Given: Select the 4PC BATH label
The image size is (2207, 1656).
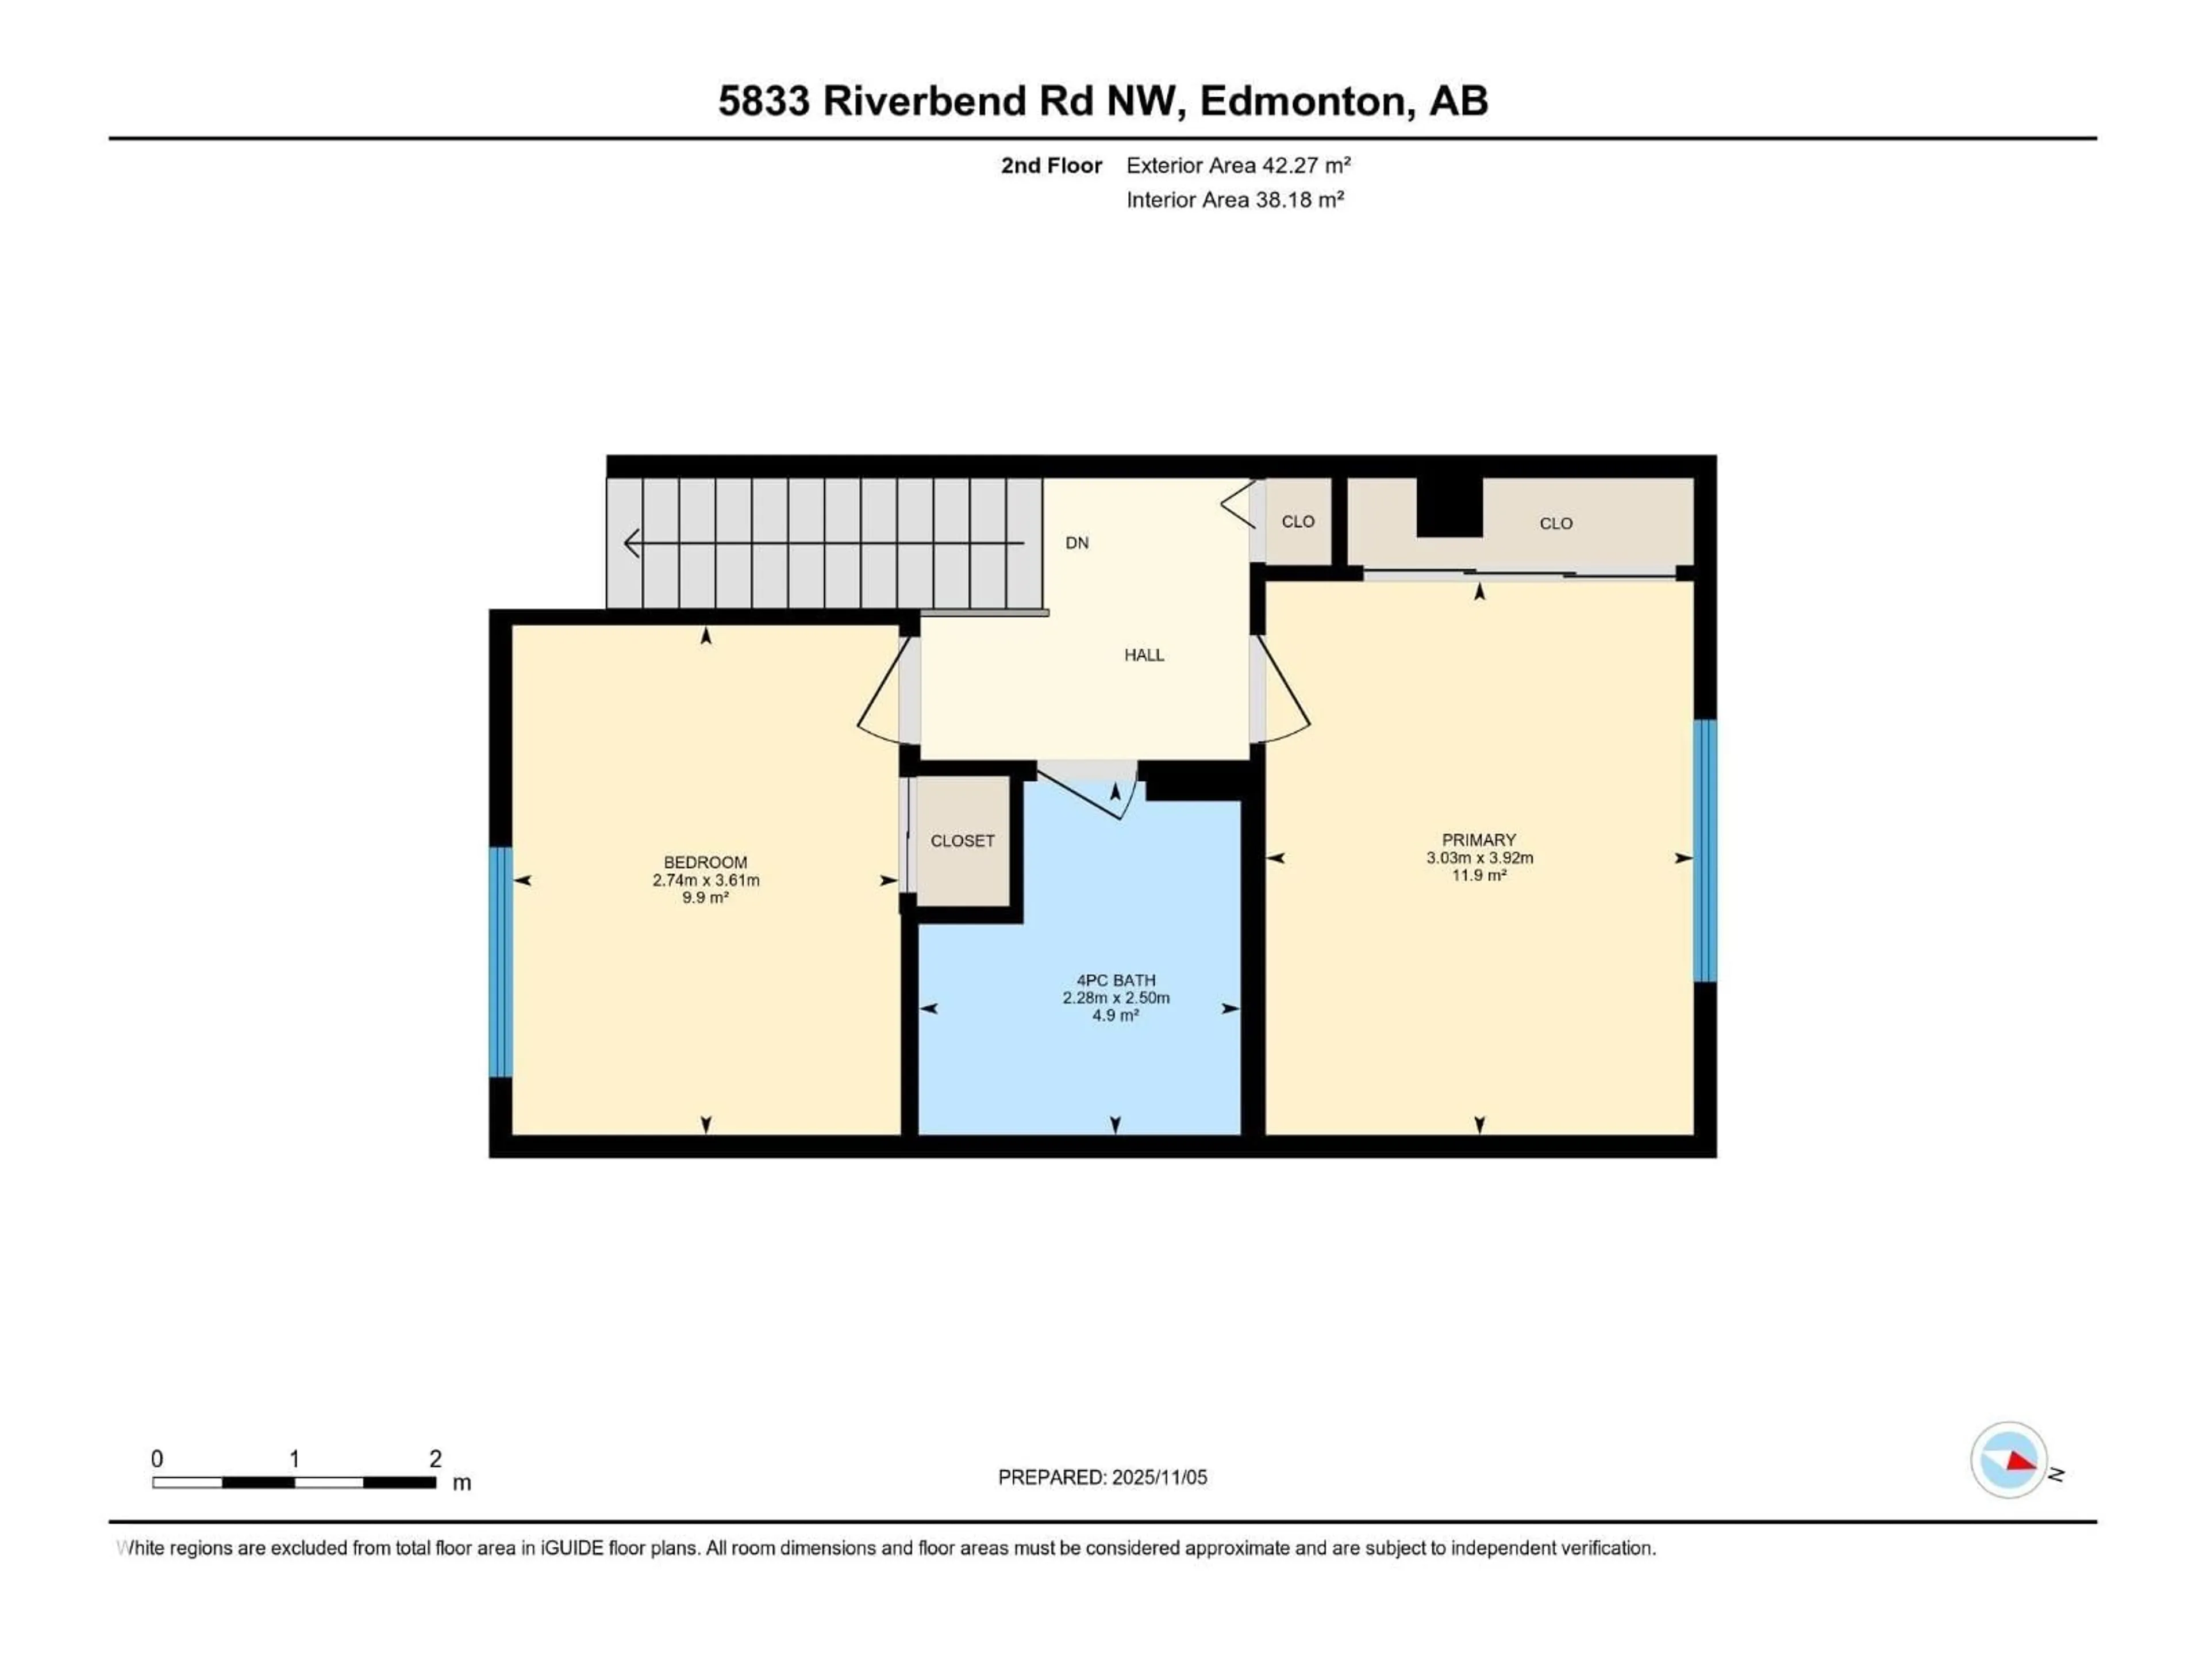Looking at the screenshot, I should point(1116,980).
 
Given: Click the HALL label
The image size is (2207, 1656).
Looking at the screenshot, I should point(1143,655).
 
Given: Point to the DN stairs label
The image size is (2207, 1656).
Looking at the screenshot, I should point(1076,543).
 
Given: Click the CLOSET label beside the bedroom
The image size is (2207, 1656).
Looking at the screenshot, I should point(962,841).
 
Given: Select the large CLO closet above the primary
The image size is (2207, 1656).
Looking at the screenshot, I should point(1555,523).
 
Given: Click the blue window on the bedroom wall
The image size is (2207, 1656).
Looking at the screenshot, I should point(500,962).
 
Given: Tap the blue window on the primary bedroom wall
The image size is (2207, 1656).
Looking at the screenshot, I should point(1705,850).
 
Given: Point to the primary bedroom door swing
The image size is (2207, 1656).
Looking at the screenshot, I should point(1284,695).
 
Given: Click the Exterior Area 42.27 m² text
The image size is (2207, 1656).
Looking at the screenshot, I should point(1237,166).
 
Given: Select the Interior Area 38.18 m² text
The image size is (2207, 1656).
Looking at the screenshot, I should point(1234,200).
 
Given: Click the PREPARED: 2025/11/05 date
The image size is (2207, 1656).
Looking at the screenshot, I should point(1102,1477).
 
